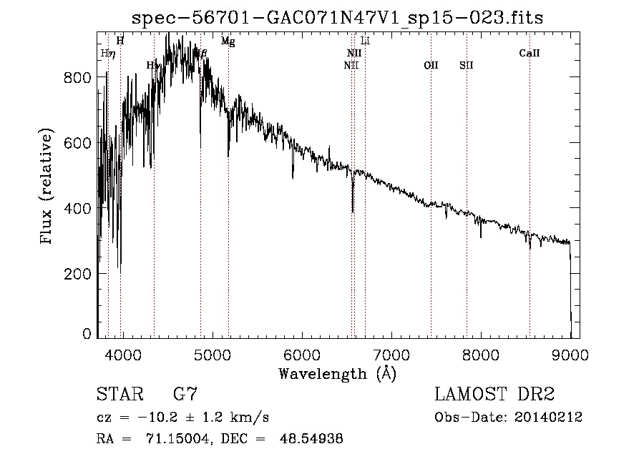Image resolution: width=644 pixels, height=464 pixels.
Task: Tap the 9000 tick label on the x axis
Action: pyautogui.click(x=570, y=354)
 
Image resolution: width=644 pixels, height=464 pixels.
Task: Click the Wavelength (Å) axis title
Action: pyautogui.click(x=337, y=373)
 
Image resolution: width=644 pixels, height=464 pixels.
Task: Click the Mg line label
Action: pyautogui.click(x=228, y=41)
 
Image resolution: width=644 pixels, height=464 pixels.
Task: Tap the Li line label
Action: pyautogui.click(x=365, y=41)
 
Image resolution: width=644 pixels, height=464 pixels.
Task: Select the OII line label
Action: pyautogui.click(x=431, y=65)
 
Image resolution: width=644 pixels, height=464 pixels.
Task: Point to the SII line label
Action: pyautogui.click(x=467, y=65)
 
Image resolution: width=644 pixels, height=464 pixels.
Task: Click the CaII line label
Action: pyautogui.click(x=530, y=53)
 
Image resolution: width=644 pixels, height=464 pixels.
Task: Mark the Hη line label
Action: pyautogui.click(x=107, y=53)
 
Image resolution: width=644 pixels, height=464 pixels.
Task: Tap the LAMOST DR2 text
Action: pyautogui.click(x=494, y=394)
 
